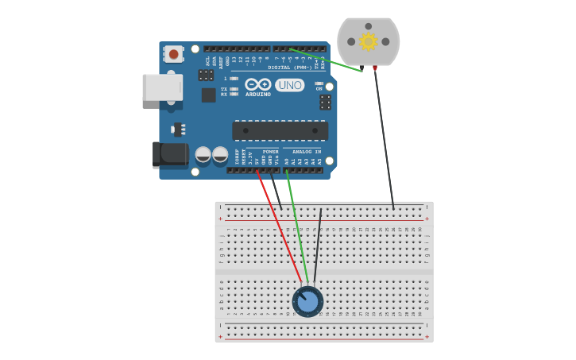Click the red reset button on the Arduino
coord(173,54)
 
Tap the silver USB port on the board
coord(162,87)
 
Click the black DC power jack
coord(170,153)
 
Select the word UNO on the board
coord(289,85)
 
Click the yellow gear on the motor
coord(368,41)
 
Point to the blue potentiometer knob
coord(307,301)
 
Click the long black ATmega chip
coord(280,130)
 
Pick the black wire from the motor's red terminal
coord(384,135)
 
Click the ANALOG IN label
coord(307,151)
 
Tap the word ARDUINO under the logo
coord(257,94)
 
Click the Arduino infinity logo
coord(257,84)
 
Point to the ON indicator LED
coord(319,83)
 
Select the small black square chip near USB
coord(208,95)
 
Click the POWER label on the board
coord(270,151)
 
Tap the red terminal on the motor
coord(375,69)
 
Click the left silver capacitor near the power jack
coord(203,154)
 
